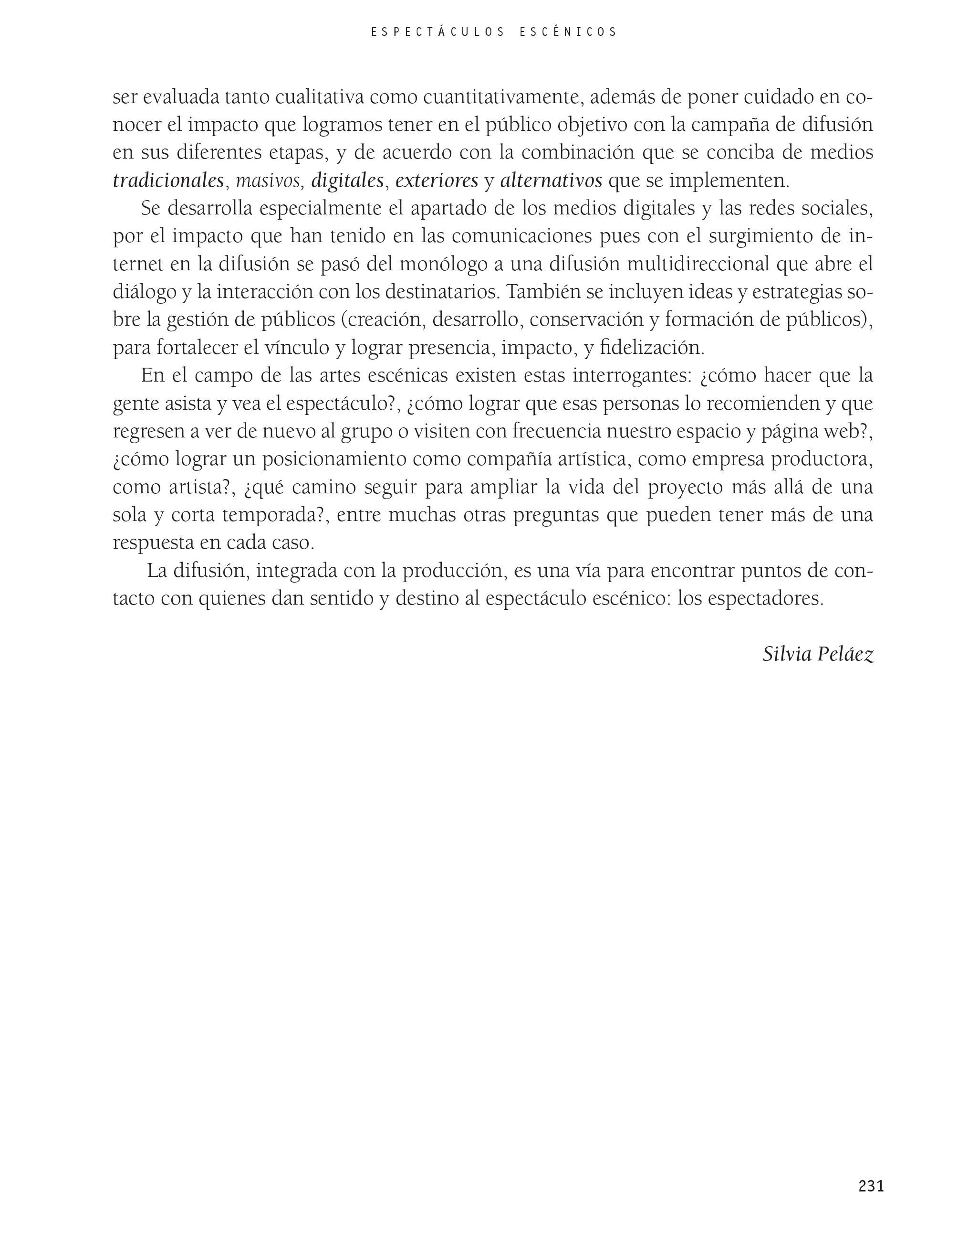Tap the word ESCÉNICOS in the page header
coord(568,32)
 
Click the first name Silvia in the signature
coord(787,654)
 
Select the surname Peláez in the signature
coord(845,654)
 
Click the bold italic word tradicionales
coord(168,181)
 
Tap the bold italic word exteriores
coord(437,181)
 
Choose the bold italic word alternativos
coord(551,181)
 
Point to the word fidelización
coord(652,348)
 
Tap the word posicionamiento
coord(333,459)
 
